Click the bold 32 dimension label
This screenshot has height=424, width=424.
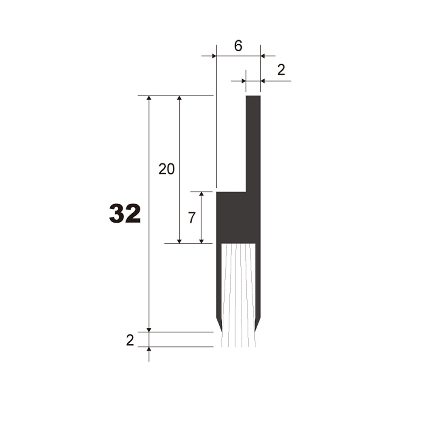(125, 214)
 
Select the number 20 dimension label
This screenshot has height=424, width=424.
(167, 169)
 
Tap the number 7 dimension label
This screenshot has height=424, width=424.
(192, 218)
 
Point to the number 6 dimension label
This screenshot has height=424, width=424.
(238, 46)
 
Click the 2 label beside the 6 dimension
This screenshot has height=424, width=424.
(281, 70)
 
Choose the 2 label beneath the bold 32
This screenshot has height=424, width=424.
(130, 340)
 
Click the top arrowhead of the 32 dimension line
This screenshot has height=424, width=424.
(149, 98)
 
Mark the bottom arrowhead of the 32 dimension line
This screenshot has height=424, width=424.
(149, 329)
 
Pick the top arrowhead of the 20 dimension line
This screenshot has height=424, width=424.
(179, 98)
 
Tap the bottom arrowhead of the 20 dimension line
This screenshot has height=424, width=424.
(179, 241)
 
